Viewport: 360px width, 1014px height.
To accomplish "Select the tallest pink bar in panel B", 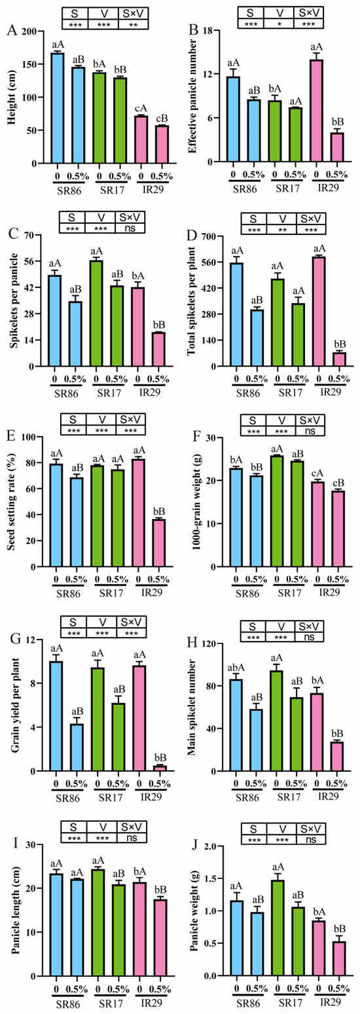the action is [x=316, y=111].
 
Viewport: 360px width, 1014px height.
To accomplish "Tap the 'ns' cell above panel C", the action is [x=131, y=228].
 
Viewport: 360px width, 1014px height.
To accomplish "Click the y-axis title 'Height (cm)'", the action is [x=11, y=97].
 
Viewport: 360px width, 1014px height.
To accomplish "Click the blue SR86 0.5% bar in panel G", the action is [x=77, y=748].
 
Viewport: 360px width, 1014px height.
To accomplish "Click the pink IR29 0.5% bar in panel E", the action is [x=159, y=543].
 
